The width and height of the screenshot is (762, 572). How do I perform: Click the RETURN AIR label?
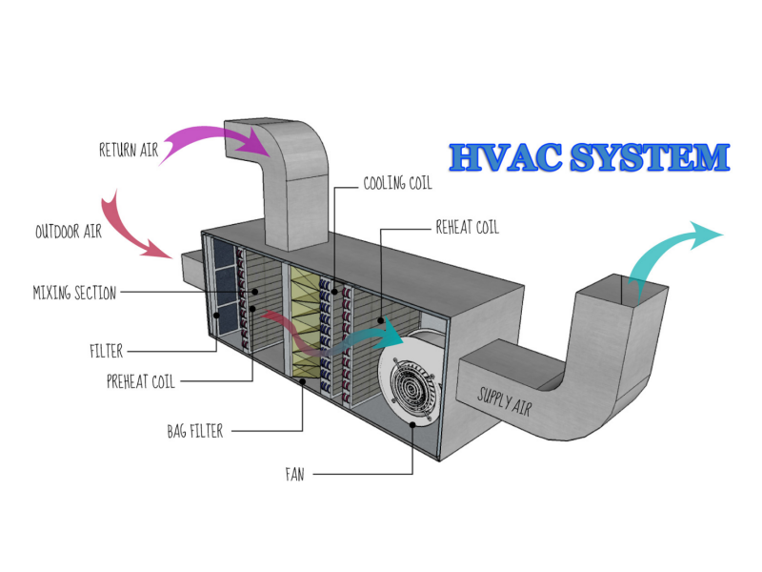pos(128,150)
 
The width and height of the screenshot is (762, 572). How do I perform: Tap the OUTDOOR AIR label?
pos(70,232)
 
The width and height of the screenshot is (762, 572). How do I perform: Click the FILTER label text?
pos(106,351)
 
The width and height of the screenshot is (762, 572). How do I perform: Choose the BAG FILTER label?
pos(194,432)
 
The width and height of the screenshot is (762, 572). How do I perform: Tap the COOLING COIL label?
pos(400,183)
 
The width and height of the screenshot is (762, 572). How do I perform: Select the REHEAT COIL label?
pos(467,228)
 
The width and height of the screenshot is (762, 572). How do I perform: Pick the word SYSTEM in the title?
pos(648,157)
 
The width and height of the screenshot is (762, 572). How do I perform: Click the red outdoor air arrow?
pos(133,229)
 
